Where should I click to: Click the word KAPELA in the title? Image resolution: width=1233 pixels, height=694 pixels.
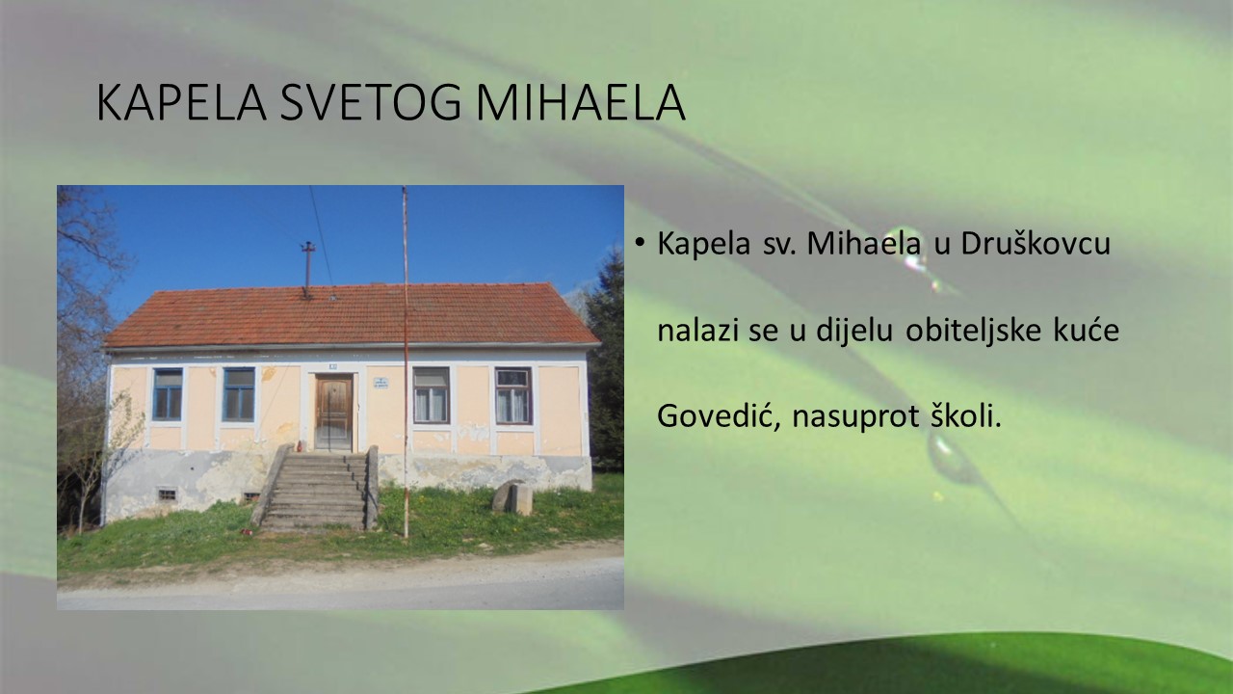click(x=182, y=102)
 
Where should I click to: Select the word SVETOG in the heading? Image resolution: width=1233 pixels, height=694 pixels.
click(x=371, y=102)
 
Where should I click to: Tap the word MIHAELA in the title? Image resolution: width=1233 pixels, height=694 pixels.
click(x=581, y=102)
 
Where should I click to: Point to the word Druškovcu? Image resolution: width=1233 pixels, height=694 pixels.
click(x=1036, y=244)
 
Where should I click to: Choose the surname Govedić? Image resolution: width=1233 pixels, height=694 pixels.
click(x=719, y=415)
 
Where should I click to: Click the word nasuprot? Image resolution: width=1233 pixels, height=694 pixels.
click(x=855, y=417)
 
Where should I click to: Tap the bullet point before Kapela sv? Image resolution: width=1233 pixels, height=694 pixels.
click(x=639, y=242)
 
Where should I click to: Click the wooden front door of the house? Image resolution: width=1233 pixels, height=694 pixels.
click(x=333, y=412)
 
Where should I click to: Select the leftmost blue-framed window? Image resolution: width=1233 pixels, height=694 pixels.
click(x=168, y=394)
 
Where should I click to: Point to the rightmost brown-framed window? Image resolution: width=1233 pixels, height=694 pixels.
click(x=513, y=395)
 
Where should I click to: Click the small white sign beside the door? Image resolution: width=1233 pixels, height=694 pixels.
click(x=380, y=383)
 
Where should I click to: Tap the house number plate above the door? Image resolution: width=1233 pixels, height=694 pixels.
click(x=333, y=366)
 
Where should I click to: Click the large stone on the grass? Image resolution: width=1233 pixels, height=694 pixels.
click(x=513, y=497)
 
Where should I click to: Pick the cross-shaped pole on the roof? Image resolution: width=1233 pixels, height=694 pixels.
click(x=307, y=270)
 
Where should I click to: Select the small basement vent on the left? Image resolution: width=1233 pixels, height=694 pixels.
click(x=167, y=494)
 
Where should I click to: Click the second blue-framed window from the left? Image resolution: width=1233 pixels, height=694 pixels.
click(x=238, y=394)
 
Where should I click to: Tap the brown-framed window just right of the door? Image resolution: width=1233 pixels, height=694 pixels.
click(x=432, y=395)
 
